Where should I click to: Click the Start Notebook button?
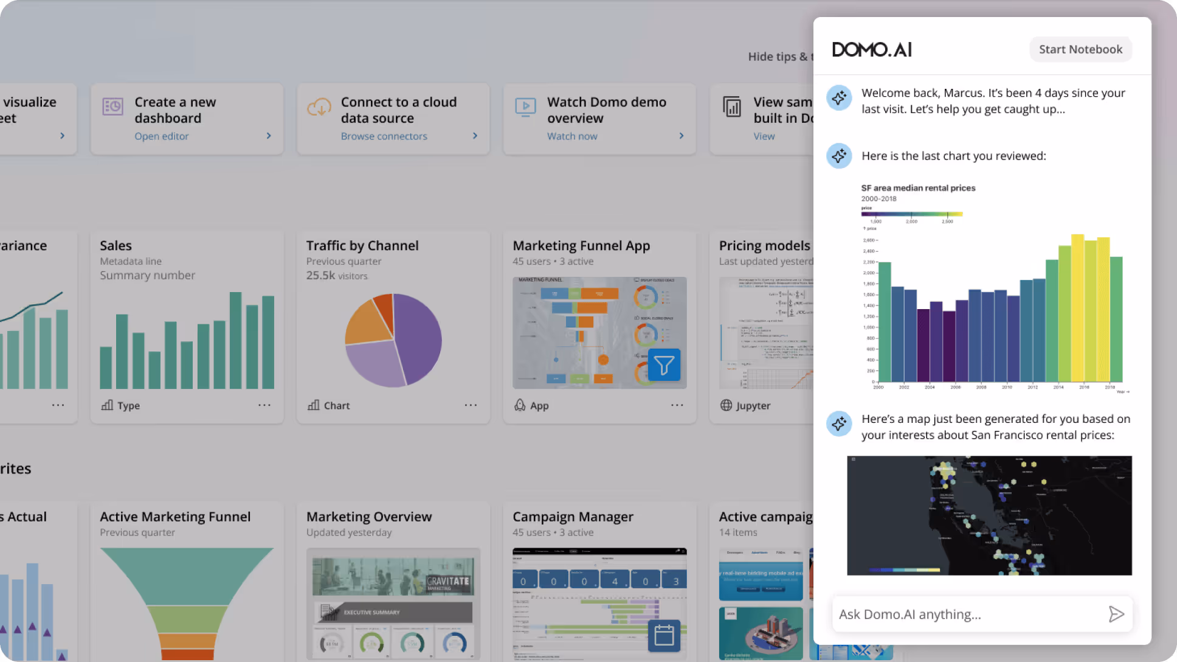1080,49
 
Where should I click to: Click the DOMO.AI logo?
872,49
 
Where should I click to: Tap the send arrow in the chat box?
1116,615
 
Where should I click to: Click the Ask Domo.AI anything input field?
967,615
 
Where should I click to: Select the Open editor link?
162,136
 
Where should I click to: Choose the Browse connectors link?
384,136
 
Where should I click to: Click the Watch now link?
572,136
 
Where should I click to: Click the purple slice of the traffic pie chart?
419,335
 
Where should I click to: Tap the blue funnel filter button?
664,365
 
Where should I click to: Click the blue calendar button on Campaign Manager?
664,635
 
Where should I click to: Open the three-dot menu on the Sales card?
264,405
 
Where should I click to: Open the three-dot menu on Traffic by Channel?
471,405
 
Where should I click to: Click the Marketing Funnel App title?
581,246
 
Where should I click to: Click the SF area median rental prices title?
918,188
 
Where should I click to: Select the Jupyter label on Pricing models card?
753,406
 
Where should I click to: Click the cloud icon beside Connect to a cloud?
319,107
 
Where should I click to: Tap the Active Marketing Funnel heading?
175,517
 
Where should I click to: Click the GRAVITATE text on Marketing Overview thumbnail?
448,581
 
